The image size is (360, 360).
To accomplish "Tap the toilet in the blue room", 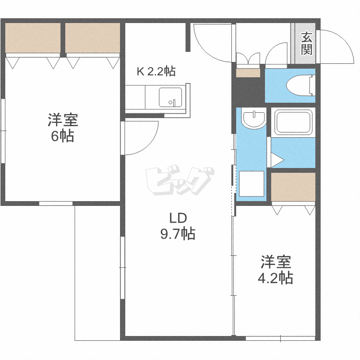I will pos(300,86).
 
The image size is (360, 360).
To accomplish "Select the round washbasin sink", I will pos(253,119).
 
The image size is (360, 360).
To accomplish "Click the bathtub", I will pos(293,122).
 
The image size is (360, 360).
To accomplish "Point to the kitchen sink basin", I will pos(170,97).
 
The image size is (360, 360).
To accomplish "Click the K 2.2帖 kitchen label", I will pos(156,72).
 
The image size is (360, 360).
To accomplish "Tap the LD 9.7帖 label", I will pos(177,226).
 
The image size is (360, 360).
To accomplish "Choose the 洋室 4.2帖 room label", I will pos(276,270).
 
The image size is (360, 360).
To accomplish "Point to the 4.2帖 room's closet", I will pos(293,187).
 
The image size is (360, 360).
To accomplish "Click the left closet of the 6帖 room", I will pos(33,38).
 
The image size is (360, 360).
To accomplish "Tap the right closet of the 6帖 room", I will pos(92,38).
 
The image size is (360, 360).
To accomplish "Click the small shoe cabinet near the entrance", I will pos(248,73).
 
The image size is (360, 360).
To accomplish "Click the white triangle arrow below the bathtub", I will pos(277,159).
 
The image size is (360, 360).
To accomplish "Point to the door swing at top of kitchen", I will pos(212,43).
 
